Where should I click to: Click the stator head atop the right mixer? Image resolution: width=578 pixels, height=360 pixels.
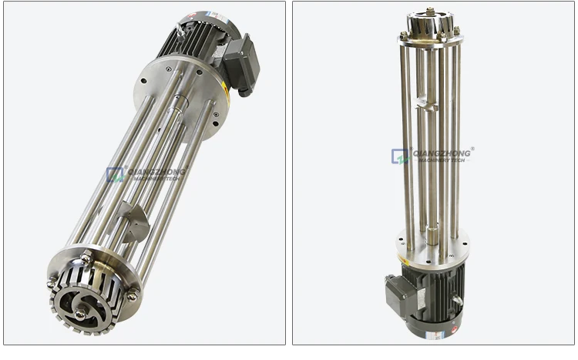428,25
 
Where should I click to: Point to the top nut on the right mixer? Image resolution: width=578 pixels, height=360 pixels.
428,12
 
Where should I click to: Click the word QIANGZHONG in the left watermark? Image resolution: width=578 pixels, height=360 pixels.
154,171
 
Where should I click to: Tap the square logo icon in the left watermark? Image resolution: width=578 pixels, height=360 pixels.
115,175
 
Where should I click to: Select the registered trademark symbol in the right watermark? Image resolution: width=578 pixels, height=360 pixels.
472,149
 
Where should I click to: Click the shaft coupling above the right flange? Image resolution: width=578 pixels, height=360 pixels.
433,231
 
